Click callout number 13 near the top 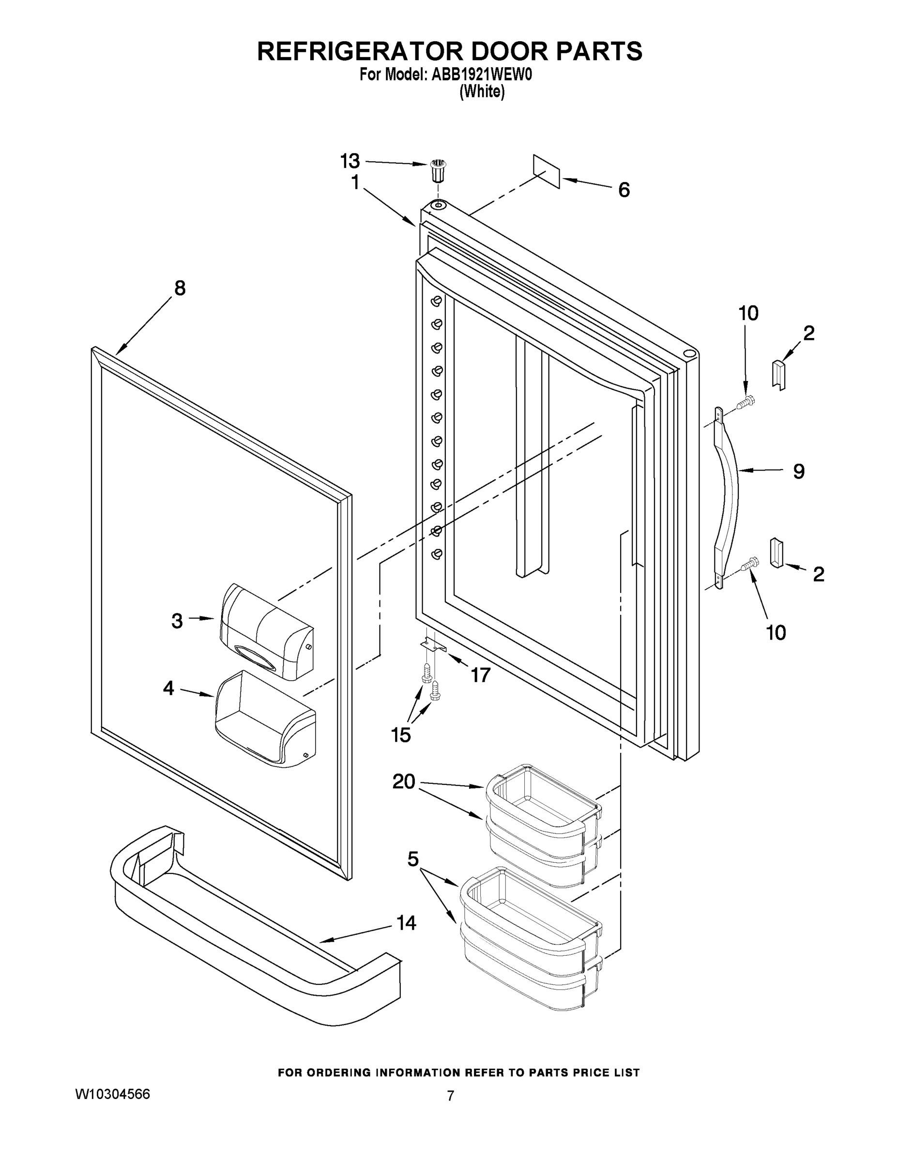(350, 160)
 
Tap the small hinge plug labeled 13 (438, 171)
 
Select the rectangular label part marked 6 (547, 171)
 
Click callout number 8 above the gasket (180, 289)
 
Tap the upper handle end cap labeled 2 (779, 375)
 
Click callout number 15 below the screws (400, 735)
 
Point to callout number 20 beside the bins (404, 781)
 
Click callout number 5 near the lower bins (413, 859)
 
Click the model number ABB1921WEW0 (482, 75)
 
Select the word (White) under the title (482, 92)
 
